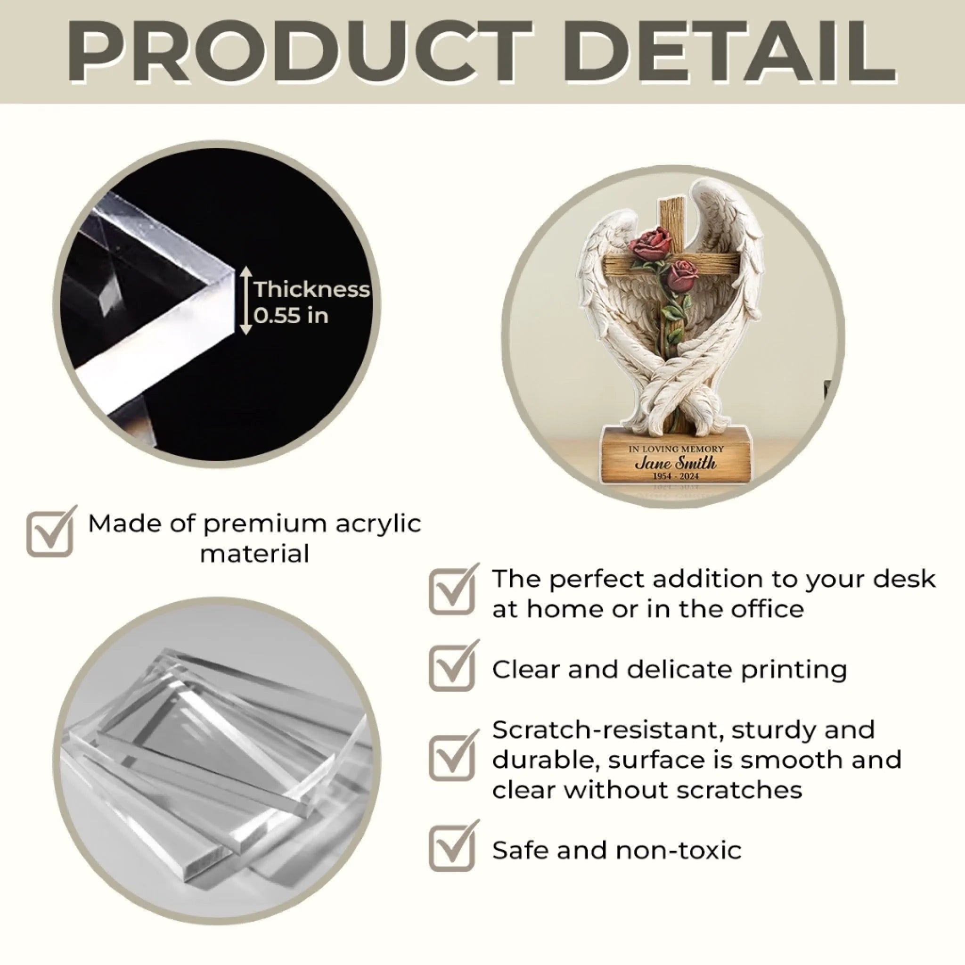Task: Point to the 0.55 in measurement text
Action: (x=291, y=316)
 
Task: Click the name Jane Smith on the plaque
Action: (x=675, y=463)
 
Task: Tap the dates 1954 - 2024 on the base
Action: (x=676, y=476)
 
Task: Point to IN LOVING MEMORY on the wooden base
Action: (x=675, y=449)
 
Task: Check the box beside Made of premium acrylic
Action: (x=51, y=532)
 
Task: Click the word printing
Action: (x=793, y=671)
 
